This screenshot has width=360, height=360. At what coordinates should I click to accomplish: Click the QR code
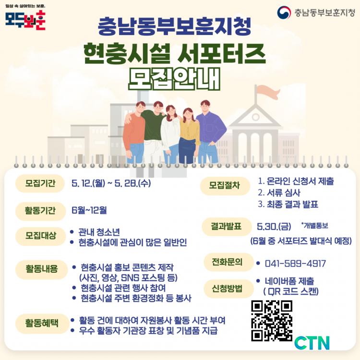point(272,321)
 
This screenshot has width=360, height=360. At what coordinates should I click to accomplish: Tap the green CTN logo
point(312,343)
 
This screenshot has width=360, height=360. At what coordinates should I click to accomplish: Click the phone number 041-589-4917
point(295,264)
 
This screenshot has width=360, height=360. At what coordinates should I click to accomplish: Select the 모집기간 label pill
point(40,183)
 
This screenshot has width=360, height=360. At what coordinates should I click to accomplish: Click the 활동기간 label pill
point(40,211)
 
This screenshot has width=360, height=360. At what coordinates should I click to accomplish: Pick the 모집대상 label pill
point(40,236)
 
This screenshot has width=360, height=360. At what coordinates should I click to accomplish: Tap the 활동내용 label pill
point(42,269)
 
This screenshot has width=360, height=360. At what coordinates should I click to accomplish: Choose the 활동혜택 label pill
point(42,323)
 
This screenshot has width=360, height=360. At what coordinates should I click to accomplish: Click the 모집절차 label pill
point(225,185)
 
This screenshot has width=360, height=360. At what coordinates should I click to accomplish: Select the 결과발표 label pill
point(227,227)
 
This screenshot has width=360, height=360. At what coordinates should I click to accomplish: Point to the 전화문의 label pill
point(228,262)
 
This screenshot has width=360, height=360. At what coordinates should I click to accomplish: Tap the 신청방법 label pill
point(228,288)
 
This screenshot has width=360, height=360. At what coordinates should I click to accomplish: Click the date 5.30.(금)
point(274,227)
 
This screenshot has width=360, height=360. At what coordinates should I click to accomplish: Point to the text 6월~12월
point(89,210)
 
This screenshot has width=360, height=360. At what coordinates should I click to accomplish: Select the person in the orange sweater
point(135,132)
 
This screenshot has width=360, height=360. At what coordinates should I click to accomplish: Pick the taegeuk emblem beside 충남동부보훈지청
point(284,12)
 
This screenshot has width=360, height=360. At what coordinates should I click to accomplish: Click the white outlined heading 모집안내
point(174,79)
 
